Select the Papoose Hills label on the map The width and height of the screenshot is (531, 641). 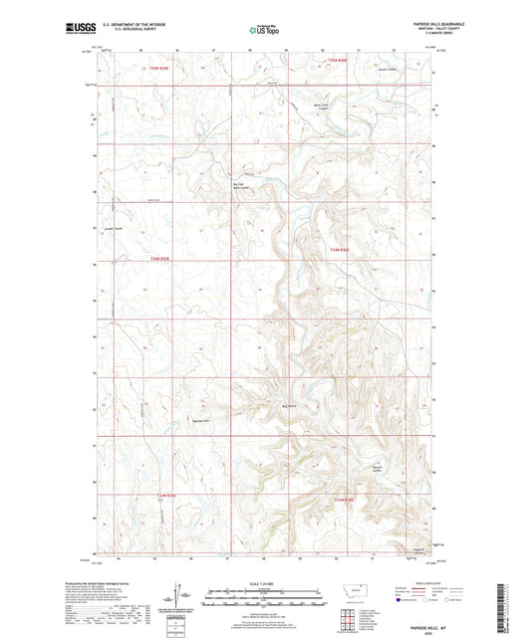point(199,422)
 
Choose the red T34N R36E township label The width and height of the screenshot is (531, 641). point(340,250)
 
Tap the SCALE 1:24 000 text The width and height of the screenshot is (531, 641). point(265,582)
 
